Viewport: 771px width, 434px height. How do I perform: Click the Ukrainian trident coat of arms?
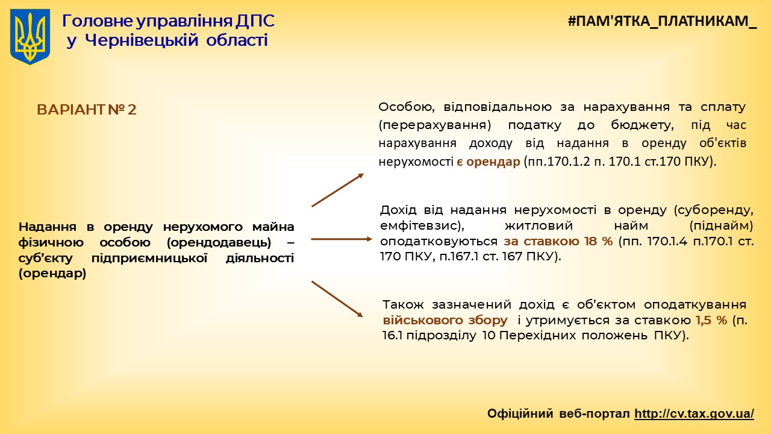(30, 37)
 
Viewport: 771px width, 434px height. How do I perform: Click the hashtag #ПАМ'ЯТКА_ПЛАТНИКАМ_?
(662, 21)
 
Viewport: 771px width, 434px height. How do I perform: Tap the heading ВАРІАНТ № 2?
(86, 110)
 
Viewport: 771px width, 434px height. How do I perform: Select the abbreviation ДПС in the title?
(255, 21)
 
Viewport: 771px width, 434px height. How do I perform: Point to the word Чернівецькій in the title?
(142, 40)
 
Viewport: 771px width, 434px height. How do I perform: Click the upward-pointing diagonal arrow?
(338, 190)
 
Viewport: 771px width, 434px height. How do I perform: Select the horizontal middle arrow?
(342, 239)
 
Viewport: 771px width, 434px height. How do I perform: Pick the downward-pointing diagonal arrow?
(337, 299)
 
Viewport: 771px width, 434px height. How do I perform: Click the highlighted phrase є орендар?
(488, 162)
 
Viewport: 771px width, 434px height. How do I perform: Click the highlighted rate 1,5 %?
(711, 320)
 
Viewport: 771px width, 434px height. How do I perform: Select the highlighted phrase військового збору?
(445, 321)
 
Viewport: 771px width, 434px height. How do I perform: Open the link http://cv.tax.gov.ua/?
(695, 414)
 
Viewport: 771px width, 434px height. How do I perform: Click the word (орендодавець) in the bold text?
(219, 242)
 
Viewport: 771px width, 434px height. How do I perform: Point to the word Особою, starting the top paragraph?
(407, 107)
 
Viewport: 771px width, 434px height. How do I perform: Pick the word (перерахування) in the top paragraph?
(435, 125)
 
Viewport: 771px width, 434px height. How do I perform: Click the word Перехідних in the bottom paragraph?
(537, 336)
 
